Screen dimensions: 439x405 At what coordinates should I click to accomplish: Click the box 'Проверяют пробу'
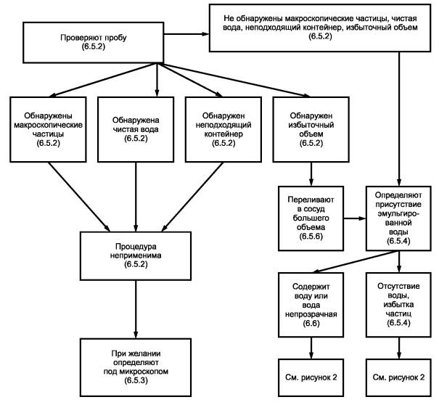[x=93, y=43]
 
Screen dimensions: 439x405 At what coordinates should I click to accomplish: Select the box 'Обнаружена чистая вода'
[x=136, y=129]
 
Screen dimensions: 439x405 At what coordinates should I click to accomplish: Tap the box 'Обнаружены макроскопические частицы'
[x=48, y=129]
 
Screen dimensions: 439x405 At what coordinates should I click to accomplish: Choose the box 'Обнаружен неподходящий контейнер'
[x=223, y=129]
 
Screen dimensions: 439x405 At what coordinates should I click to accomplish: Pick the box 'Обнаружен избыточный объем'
[x=311, y=129]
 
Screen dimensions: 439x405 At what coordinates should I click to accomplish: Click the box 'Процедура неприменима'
[x=136, y=255]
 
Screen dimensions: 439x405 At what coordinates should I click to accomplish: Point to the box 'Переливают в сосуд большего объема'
[x=311, y=218]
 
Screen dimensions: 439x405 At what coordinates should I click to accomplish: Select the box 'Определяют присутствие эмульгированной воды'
[x=398, y=218]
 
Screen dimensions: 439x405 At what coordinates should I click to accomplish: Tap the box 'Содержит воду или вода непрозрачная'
[x=311, y=305]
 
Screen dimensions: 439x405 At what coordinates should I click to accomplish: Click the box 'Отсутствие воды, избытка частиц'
[x=398, y=305]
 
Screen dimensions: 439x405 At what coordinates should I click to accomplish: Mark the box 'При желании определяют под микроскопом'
[x=136, y=367]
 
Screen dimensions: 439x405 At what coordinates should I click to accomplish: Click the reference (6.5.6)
[x=311, y=237]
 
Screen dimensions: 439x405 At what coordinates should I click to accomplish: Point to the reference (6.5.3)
[x=136, y=380]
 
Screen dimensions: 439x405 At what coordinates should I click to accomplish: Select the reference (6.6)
[x=311, y=323]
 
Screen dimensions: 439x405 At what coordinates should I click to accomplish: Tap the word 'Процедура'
[x=136, y=247]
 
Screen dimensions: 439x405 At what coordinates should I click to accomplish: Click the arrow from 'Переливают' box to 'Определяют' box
[x=355, y=218]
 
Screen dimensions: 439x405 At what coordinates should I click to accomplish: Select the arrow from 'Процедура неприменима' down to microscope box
[x=136, y=309]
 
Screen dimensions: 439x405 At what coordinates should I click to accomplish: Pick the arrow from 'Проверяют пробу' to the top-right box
[x=186, y=34]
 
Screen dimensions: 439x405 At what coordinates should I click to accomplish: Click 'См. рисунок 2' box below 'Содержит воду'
[x=311, y=377]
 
